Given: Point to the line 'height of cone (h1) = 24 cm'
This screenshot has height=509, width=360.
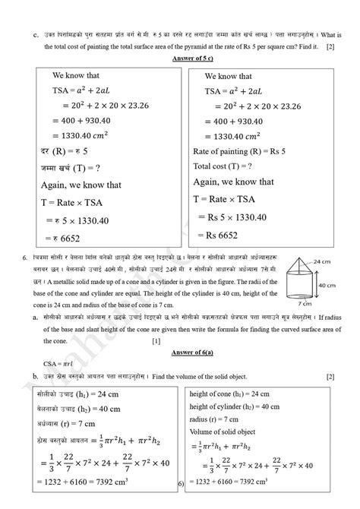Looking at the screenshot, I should coord(235,394).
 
